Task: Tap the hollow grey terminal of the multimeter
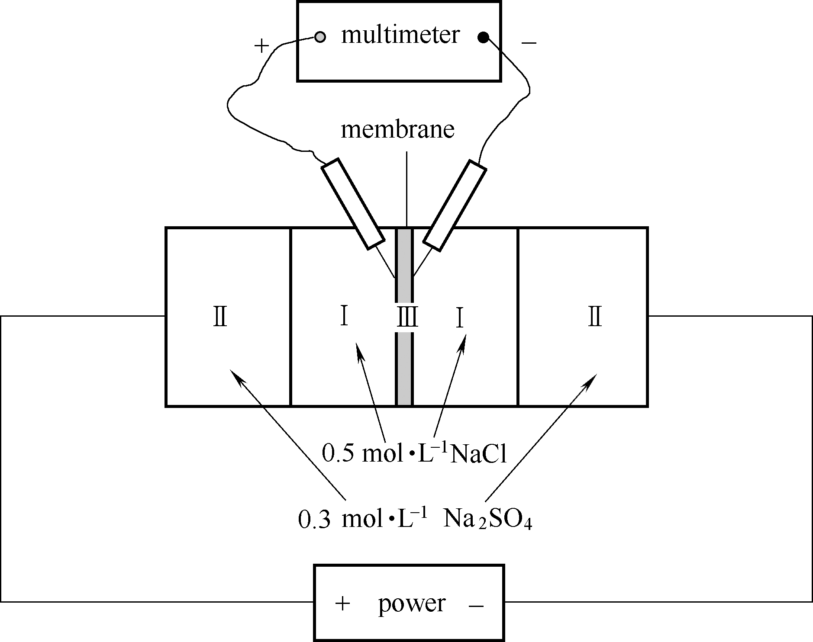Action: pyautogui.click(x=320, y=37)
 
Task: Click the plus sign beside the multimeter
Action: pyautogui.click(x=261, y=46)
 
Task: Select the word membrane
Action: pyautogui.click(x=397, y=130)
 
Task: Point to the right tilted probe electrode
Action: pyautogui.click(x=455, y=206)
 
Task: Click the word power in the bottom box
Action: pyautogui.click(x=412, y=603)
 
